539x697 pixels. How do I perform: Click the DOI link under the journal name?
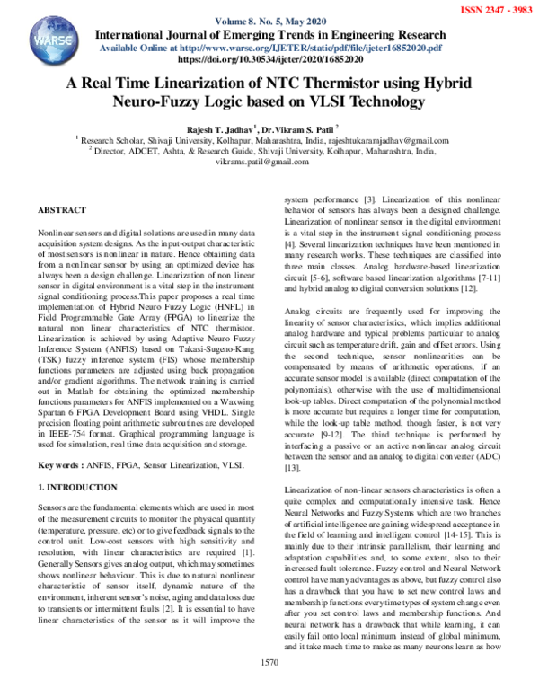pos(269,58)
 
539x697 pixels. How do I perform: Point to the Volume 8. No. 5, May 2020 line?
pos(269,22)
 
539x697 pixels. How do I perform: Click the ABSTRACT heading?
pos(62,209)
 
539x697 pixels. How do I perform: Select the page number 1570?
pos(269,686)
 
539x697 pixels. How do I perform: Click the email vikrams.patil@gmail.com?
pos(268,162)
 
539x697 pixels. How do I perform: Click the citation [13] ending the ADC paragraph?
pos(291,468)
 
